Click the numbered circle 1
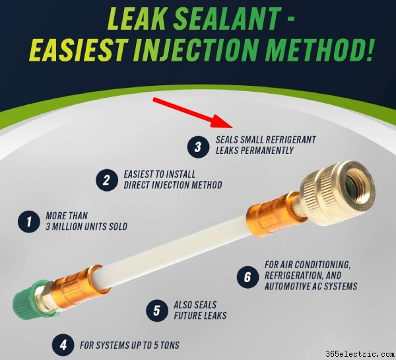pyautogui.click(x=29, y=221)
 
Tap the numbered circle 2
pyautogui.click(x=107, y=180)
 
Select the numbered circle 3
pyautogui.click(x=198, y=147)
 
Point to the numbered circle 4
pyautogui.click(x=63, y=345)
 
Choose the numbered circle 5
pyautogui.click(x=157, y=310)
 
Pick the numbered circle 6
pyautogui.click(x=247, y=277)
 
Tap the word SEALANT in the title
pyautogui.click(x=227, y=18)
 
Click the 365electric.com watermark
pyautogui.click(x=360, y=353)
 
